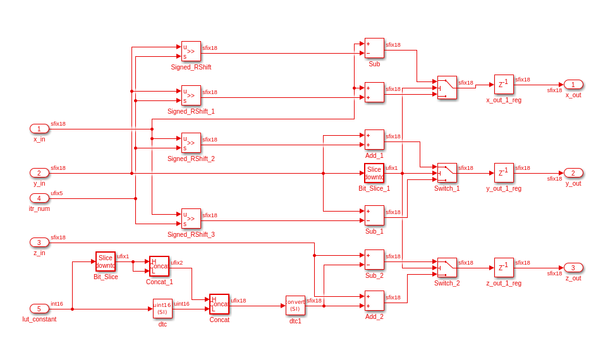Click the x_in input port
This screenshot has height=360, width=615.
coord(39,129)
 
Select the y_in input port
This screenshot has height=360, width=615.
coord(39,173)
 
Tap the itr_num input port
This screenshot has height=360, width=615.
coord(39,198)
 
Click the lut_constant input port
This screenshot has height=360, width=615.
coord(39,309)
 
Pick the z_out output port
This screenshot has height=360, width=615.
coord(573,268)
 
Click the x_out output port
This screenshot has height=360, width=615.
coord(573,85)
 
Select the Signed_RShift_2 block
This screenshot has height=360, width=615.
coord(191,143)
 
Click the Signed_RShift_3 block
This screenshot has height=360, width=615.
coord(191,219)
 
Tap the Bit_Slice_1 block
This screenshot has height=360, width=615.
coord(374,173)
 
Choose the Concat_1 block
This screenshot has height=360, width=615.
coord(159,266)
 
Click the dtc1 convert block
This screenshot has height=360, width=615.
coord(295,306)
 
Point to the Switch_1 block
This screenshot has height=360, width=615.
coord(447,173)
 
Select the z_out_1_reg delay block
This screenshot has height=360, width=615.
coord(504,268)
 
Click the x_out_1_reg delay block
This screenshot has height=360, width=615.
coord(504,85)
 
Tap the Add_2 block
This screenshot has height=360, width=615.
coord(374,301)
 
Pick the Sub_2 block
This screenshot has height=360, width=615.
coord(374,260)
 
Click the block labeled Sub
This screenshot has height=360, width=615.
coord(374,48)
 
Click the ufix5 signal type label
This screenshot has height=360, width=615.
coord(57,193)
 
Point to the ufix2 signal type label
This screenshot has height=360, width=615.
coord(177,263)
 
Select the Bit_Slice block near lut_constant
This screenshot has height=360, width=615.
coord(106,261)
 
